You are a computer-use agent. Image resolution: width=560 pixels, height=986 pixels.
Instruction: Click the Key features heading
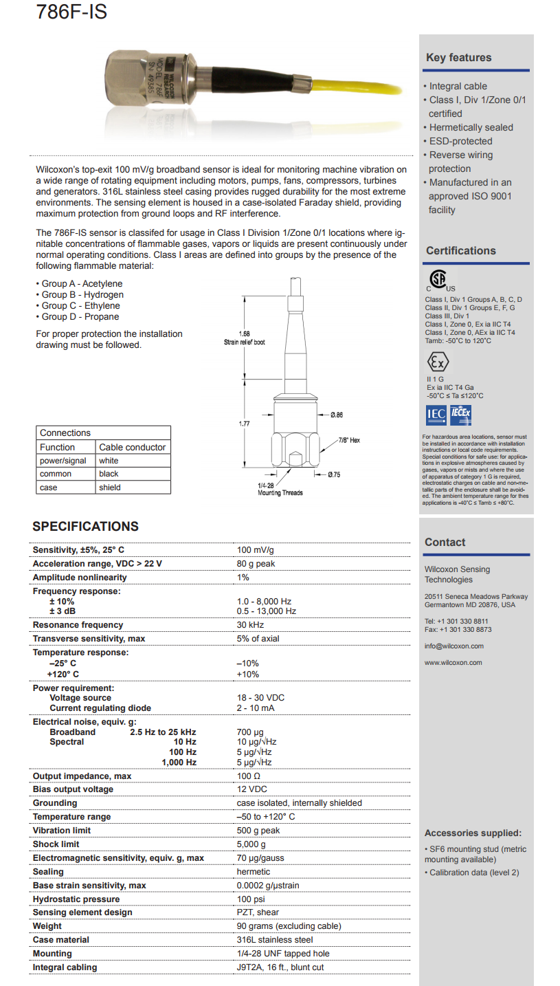(x=458, y=58)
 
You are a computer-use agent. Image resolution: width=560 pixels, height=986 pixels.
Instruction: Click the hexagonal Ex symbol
(x=437, y=362)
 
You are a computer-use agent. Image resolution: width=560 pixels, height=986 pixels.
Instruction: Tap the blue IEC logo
(x=436, y=413)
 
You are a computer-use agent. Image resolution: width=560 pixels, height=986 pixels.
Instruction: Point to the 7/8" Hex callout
(x=348, y=440)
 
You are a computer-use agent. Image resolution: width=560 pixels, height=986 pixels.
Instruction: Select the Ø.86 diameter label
(x=336, y=415)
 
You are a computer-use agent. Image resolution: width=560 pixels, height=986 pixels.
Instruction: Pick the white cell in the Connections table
(x=109, y=461)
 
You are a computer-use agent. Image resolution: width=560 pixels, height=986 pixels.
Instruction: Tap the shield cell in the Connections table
(x=109, y=487)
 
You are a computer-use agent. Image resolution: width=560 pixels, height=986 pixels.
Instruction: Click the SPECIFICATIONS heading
(x=85, y=527)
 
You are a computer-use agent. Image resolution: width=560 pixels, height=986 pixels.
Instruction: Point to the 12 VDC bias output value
(x=251, y=789)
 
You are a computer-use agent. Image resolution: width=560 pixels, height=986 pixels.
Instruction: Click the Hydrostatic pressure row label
(x=76, y=899)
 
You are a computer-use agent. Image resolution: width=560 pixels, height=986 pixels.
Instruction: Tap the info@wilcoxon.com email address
(x=454, y=646)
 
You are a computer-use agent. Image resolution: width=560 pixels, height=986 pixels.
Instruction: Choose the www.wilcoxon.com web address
(x=453, y=663)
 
